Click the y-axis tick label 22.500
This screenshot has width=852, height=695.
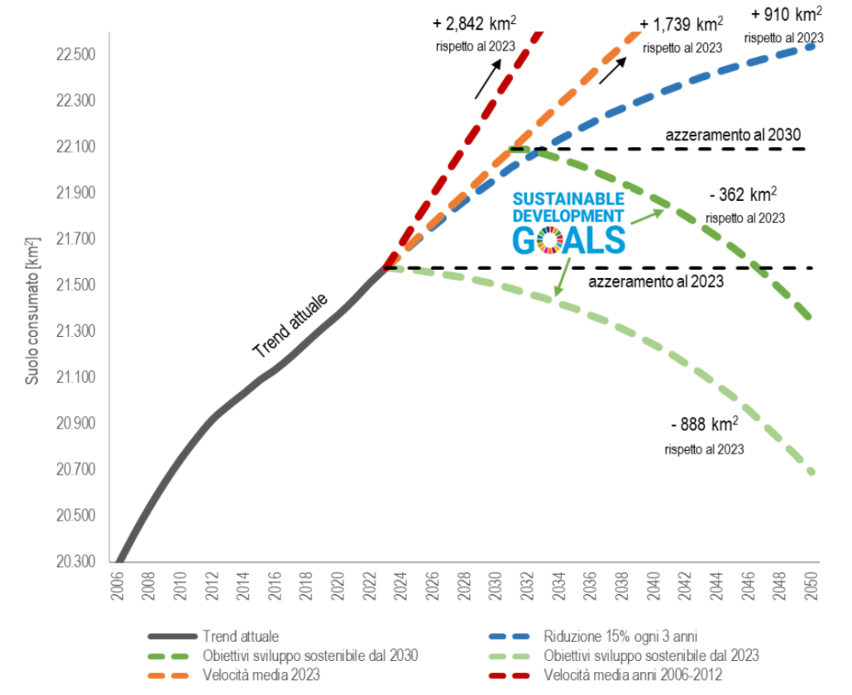tap(75, 55)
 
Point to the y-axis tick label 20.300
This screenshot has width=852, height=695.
tap(75, 562)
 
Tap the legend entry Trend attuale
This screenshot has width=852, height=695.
tap(240, 636)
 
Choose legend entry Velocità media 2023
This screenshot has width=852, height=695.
tap(260, 674)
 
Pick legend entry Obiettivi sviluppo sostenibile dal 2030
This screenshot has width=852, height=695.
tap(309, 655)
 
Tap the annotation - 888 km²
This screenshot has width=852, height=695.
tap(703, 426)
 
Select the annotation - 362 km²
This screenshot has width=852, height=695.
tap(743, 196)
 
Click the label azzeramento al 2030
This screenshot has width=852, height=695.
tap(733, 135)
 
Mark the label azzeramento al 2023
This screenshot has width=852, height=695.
tap(656, 281)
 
